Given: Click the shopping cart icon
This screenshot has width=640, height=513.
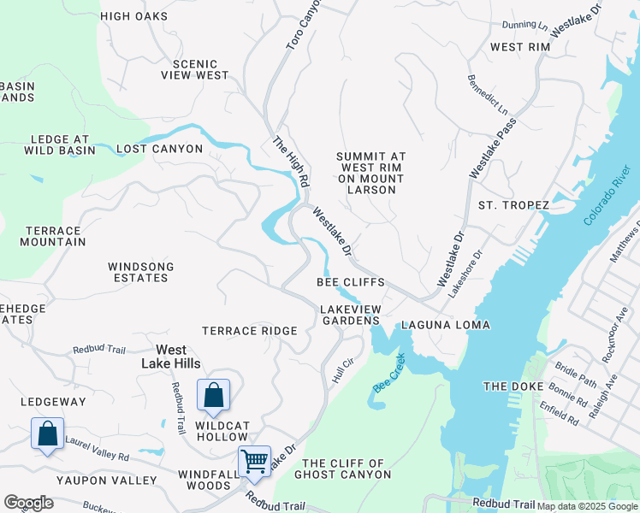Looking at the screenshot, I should tap(255, 461).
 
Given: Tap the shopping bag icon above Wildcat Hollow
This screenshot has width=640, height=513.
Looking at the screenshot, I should tap(213, 396).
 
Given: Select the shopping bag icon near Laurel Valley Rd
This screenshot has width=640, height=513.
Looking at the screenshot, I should tap(48, 433).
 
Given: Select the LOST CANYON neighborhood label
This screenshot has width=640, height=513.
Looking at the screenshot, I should tap(159, 149).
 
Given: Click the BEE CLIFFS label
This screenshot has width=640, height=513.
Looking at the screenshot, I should tap(350, 282).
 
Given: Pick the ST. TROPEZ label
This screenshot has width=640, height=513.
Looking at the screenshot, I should tap(510, 205).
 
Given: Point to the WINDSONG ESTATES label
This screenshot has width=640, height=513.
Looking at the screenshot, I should tap(140, 272).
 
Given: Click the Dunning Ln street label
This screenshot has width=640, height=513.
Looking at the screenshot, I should tap(525, 27).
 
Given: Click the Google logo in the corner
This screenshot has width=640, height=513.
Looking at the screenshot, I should tap(28, 503).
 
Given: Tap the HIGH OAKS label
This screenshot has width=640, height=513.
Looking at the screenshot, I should tap(133, 16).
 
